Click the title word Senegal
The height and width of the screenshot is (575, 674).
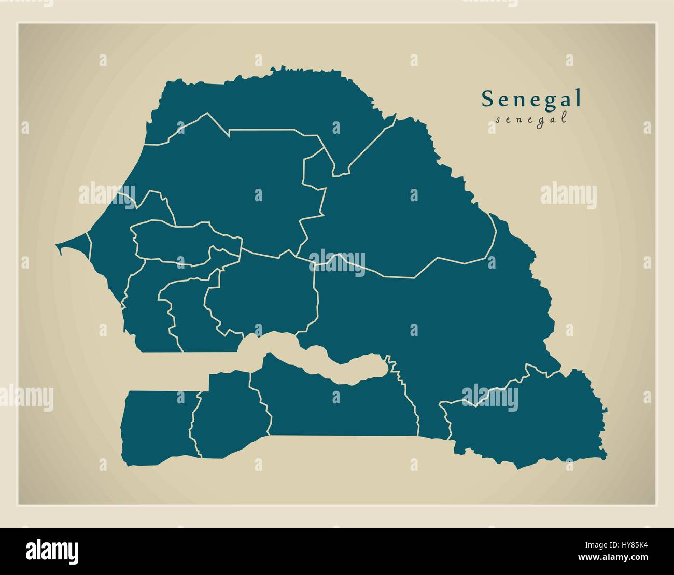531,99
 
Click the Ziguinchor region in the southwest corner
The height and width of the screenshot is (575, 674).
156,423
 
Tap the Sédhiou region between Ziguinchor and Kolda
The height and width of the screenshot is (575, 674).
228,415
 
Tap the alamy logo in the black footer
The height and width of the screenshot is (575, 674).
52,551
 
